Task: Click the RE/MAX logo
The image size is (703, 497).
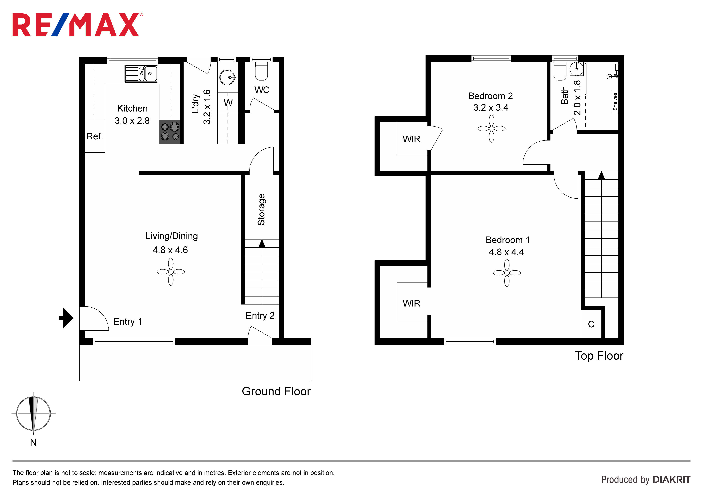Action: [x=78, y=25]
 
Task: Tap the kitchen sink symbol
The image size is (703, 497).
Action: [x=141, y=74]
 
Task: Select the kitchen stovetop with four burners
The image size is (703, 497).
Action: [x=170, y=132]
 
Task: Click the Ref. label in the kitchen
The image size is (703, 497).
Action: [x=95, y=136]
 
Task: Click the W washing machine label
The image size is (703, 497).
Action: [x=228, y=103]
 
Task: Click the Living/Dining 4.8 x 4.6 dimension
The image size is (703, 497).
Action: [x=170, y=250]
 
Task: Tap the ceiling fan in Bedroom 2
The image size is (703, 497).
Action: [x=491, y=129]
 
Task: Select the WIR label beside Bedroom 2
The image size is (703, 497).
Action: [x=411, y=139]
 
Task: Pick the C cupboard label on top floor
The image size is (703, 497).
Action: [x=591, y=324]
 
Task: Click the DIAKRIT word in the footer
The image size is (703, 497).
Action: [x=672, y=480]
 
